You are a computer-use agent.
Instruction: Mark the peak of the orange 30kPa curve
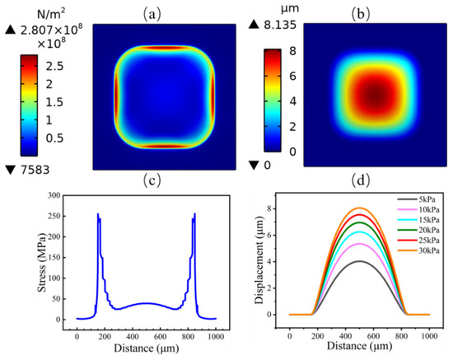tap(359, 208)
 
